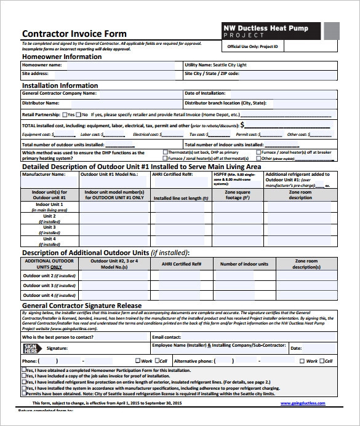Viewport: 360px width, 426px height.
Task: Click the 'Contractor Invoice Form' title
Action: click(74, 34)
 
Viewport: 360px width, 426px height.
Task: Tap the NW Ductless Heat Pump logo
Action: click(271, 31)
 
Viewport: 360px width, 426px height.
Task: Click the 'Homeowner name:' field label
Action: click(42, 65)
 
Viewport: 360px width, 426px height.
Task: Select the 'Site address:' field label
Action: click(35, 73)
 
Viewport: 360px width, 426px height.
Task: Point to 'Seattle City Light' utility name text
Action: click(230, 65)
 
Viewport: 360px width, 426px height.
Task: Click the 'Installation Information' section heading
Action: click(60, 85)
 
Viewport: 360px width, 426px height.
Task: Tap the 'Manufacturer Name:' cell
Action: click(44, 174)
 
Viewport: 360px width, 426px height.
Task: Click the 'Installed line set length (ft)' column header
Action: click(177, 199)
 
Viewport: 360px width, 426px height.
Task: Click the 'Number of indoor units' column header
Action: click(244, 264)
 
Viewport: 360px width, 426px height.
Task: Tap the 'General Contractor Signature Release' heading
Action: click(82, 306)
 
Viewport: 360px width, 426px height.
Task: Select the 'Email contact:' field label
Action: click(167, 337)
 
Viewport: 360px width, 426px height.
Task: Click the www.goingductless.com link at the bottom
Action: click(303, 403)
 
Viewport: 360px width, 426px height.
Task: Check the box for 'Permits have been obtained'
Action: click(24, 393)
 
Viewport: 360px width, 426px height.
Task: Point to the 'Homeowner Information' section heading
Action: click(62, 57)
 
